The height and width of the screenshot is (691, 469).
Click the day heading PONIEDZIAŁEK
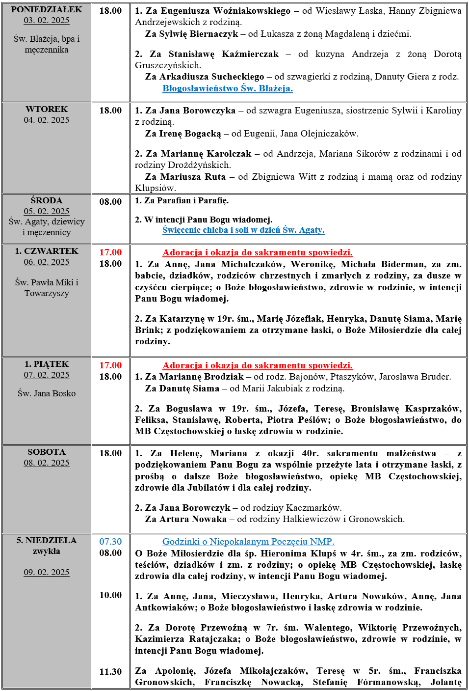47,9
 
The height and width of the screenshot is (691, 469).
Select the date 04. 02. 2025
47,120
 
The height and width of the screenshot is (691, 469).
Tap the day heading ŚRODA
47,200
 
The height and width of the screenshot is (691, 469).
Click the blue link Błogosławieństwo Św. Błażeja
227,88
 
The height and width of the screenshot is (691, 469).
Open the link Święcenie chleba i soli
243,230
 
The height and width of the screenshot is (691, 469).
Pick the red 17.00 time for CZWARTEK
110,252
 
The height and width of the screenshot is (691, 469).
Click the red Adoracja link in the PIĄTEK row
257,365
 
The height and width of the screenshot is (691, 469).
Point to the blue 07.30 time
110,542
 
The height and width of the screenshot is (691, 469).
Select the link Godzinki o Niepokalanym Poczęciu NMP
248,542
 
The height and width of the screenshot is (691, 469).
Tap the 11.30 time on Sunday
110,672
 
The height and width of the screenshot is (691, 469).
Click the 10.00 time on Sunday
110,595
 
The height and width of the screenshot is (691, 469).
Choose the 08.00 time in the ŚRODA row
110,202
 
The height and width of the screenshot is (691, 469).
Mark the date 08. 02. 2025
47,463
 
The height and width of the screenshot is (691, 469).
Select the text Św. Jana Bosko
47,393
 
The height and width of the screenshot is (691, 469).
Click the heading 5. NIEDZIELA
47,540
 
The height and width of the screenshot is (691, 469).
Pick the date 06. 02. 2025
47,262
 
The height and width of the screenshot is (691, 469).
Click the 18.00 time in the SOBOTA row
110,453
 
